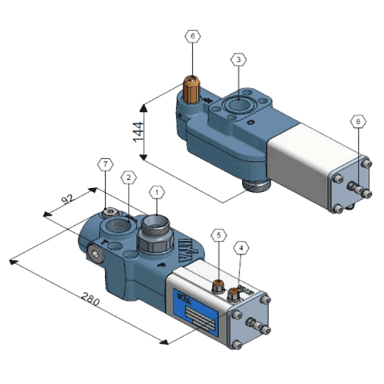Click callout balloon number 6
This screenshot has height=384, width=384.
[192, 37]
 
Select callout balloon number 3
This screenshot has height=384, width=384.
[238, 60]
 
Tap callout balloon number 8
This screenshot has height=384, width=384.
[358, 121]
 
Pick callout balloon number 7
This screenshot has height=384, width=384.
[105, 164]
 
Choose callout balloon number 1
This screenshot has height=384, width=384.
[156, 191]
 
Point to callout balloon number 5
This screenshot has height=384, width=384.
[220, 236]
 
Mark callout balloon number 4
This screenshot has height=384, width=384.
[241, 246]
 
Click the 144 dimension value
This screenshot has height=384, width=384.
[138, 134]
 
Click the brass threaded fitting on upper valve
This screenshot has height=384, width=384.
[191, 90]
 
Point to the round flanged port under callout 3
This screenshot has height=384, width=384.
[238, 105]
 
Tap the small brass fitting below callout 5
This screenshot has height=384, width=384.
[219, 284]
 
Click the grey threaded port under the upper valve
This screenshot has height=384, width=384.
[255, 186]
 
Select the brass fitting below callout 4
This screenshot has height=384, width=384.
[233, 294]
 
